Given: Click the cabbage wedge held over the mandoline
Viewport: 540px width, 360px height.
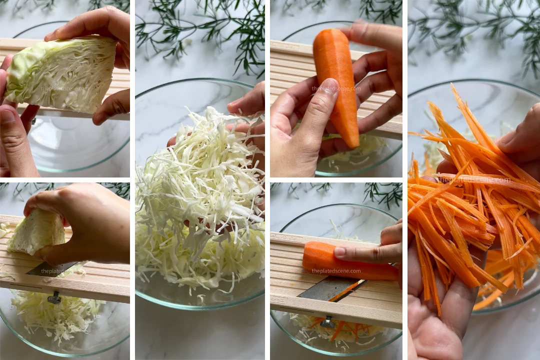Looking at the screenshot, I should [x=62, y=75].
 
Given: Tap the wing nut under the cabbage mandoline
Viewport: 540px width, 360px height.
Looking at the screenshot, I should [x=54, y=298].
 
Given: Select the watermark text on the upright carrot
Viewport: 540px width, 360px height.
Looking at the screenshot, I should [x=336, y=88].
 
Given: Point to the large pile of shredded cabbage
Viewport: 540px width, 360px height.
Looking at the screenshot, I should [x=200, y=210].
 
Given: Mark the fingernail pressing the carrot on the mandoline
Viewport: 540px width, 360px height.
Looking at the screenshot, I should [x=340, y=252].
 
